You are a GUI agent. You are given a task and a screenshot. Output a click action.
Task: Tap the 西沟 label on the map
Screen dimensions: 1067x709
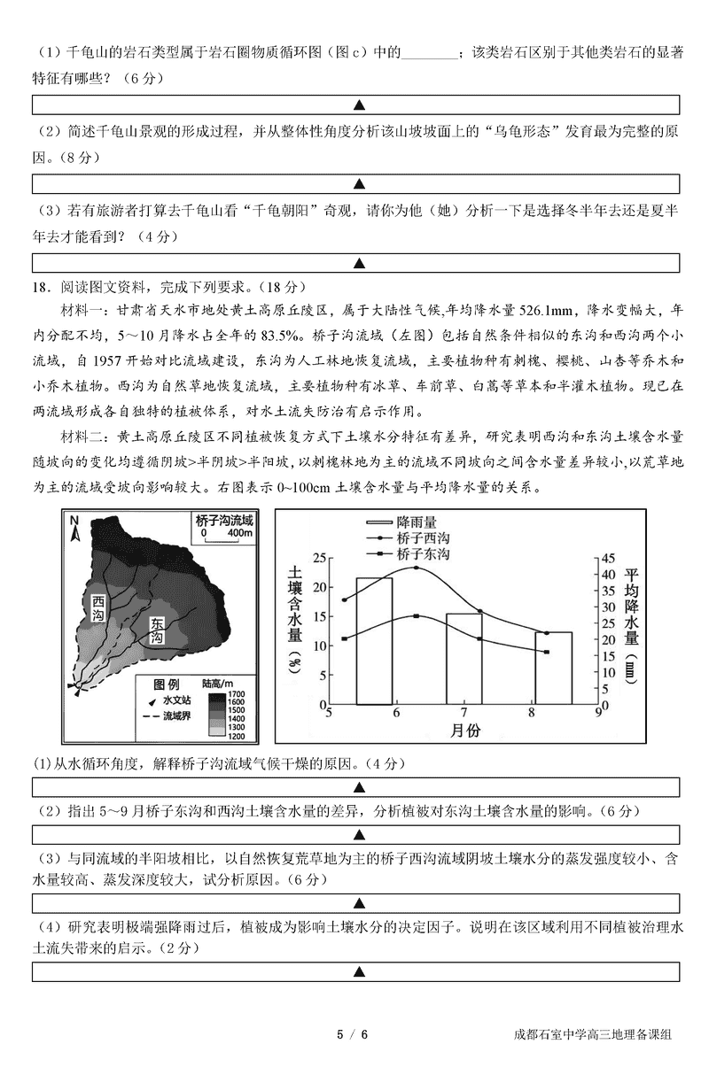[98, 608]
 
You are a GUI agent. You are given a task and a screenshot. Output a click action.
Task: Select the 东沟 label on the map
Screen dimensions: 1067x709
[156, 630]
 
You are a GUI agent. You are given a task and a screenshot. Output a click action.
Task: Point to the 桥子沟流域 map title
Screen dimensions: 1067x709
[225, 521]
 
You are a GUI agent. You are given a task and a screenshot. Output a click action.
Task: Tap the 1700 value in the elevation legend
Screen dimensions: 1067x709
[238, 693]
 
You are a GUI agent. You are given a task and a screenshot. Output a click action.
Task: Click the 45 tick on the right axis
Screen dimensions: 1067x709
[609, 559]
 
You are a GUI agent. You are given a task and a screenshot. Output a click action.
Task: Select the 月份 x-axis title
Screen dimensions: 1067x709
[464, 731]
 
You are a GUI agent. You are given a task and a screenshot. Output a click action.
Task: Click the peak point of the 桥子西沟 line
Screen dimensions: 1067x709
[417, 567]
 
